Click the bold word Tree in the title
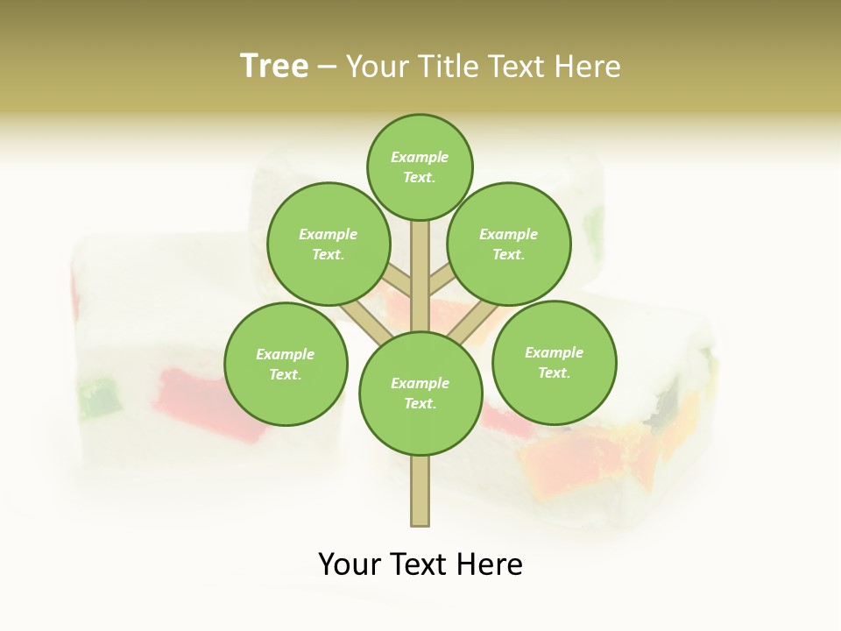(274, 67)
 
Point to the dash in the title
(328, 67)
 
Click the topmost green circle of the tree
(420, 167)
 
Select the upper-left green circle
(328, 244)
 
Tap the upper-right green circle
(508, 244)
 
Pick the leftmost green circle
(286, 364)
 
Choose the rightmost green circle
(554, 362)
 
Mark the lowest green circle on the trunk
(420, 393)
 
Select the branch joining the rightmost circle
(473, 320)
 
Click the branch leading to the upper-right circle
(441, 282)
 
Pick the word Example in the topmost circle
(420, 157)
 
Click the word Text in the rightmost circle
(554, 372)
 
